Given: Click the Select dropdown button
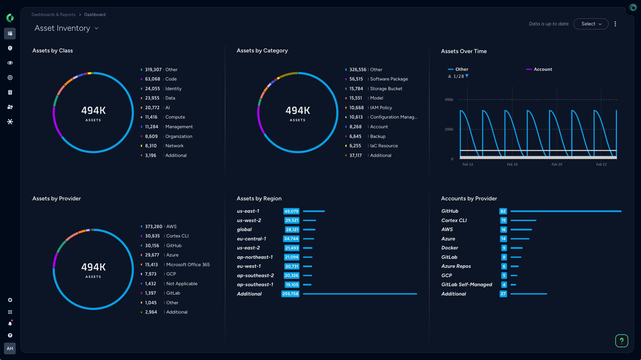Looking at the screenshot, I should tap(591, 24).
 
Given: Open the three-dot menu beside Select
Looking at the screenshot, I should tap(615, 24).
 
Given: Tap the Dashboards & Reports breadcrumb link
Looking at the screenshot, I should tap(53, 15).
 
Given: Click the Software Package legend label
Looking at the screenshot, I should tap(389, 79).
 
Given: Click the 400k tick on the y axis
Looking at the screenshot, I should tap(449, 100).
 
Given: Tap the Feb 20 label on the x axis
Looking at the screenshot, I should tap(556, 164).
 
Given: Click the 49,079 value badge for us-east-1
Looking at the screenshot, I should tap(291, 211).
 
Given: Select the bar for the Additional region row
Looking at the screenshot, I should tap(360, 294).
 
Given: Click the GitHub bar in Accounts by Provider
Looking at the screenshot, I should tap(565, 211).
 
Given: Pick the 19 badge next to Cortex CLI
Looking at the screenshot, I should tap(503, 220).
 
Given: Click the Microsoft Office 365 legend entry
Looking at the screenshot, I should tap(188, 264).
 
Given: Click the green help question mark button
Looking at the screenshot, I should tap(621, 341).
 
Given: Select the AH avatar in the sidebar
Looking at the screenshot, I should tap(10, 348).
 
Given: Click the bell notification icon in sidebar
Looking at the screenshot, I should tap(10, 324).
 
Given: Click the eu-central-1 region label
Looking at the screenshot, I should tap(251, 239).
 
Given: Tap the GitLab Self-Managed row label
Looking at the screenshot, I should tap(467, 285).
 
